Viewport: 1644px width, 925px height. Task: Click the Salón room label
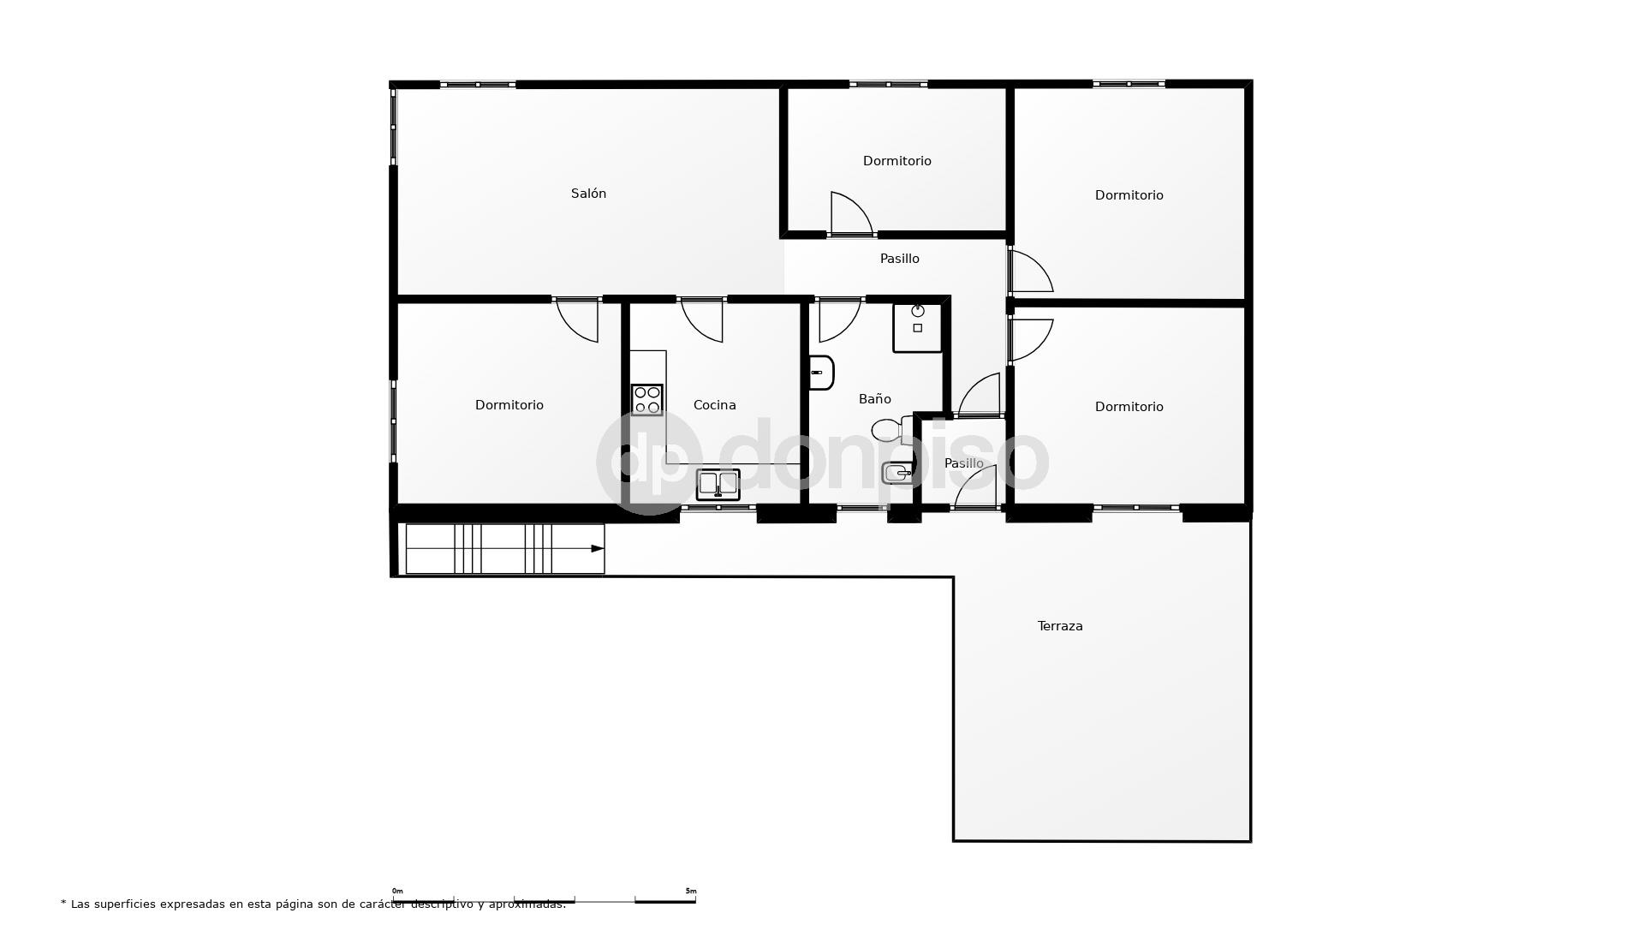(588, 194)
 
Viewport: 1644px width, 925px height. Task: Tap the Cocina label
(714, 405)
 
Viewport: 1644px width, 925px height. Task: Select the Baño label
(874, 399)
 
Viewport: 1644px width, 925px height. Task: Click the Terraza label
(1060, 626)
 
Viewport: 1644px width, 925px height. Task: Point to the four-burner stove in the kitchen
(647, 400)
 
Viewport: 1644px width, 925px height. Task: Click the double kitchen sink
(718, 484)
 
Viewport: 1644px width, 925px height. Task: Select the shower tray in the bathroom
(917, 327)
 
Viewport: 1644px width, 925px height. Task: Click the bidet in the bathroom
(897, 473)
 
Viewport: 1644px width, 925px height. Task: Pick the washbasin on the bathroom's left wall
(820, 373)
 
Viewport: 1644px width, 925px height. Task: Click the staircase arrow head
(598, 549)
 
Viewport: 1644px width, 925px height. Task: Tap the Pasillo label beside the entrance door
(963, 463)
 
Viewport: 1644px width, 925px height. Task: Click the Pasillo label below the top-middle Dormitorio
(899, 259)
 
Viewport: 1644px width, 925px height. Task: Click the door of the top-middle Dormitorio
(849, 213)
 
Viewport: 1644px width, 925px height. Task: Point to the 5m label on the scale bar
(691, 891)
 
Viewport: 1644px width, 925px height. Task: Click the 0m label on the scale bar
(397, 891)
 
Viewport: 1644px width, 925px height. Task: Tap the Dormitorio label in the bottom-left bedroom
(509, 405)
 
